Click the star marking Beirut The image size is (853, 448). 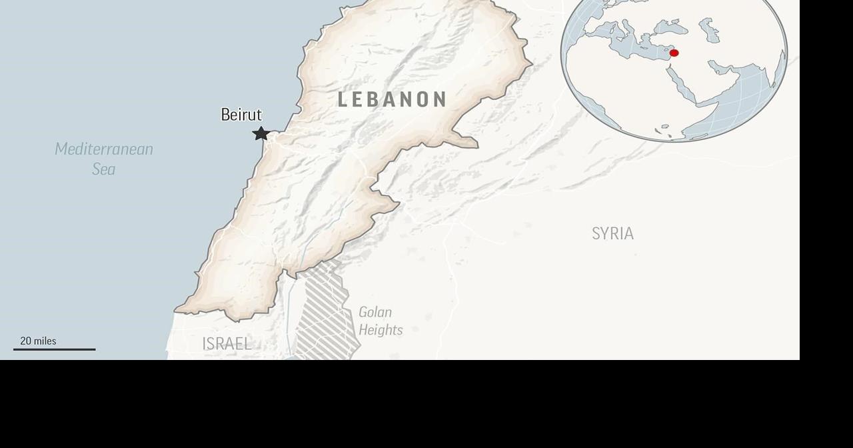261,133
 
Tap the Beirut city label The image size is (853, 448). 241,115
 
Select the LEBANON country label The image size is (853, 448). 392,100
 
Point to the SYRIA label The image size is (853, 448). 612,234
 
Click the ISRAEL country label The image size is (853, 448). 227,344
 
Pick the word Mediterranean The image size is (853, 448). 104,149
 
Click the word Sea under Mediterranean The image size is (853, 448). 104,169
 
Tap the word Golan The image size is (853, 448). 375,312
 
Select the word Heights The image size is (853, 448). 381,330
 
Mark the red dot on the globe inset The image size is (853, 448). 674,53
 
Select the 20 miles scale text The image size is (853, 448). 38,341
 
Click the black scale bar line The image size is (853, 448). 55,349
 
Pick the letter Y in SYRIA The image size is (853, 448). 604,234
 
